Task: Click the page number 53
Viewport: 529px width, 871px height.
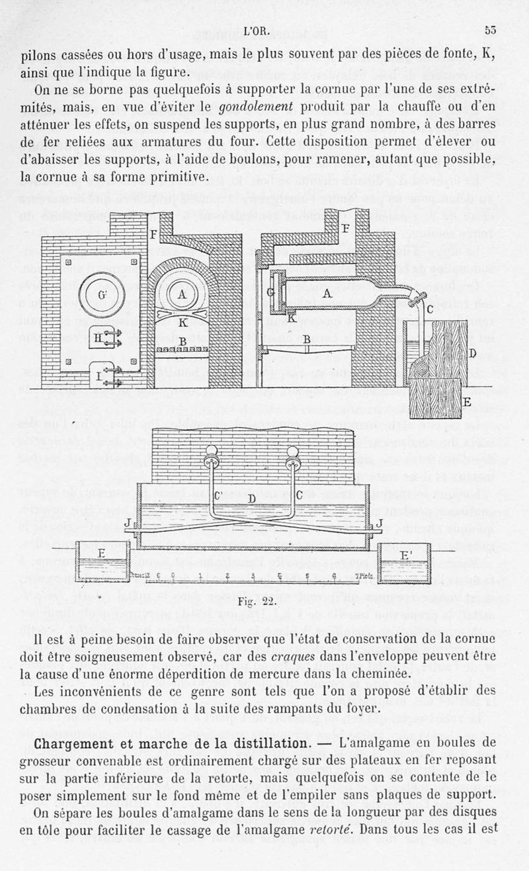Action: point(490,30)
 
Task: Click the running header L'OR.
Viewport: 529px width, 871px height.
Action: point(257,32)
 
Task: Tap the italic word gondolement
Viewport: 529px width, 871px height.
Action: point(256,106)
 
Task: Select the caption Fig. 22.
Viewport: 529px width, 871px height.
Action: point(257,602)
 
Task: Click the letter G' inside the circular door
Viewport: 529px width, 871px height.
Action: point(102,295)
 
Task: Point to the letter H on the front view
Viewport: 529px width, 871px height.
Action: point(98,339)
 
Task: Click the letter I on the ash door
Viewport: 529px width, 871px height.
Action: point(99,376)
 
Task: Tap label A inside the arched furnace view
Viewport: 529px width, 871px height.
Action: point(182,295)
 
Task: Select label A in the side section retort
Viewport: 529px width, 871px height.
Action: point(327,294)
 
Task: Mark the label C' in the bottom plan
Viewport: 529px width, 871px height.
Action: point(218,496)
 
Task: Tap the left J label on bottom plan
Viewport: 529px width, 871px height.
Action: point(127,523)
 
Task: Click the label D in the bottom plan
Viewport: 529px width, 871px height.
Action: point(252,498)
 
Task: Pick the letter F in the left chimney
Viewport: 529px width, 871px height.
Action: point(153,235)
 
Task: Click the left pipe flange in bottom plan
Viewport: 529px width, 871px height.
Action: point(211,463)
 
